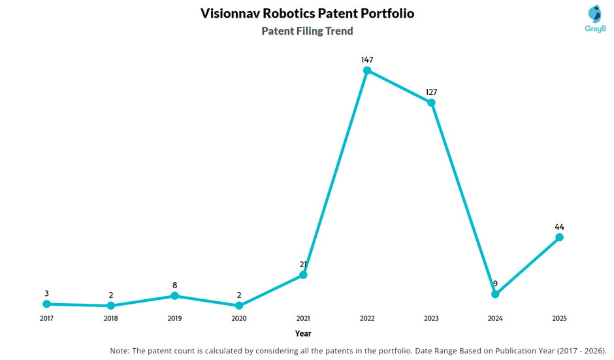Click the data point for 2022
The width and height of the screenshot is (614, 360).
pyautogui.click(x=367, y=70)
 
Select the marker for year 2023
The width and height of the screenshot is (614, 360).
pyautogui.click(x=431, y=103)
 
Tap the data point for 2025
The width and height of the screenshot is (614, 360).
pyautogui.click(x=559, y=237)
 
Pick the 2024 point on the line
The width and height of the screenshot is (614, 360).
pyautogui.click(x=495, y=294)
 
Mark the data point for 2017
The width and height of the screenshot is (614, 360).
pyautogui.click(x=46, y=304)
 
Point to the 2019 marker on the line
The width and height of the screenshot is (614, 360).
pyautogui.click(x=174, y=296)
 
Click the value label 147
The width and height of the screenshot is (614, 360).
pyautogui.click(x=367, y=59)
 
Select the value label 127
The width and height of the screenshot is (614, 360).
pyautogui.click(x=431, y=92)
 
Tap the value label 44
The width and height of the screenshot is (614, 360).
pyautogui.click(x=559, y=227)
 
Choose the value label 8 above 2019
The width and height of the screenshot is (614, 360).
pyautogui.click(x=174, y=286)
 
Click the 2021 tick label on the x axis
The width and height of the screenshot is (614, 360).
pyautogui.click(x=303, y=319)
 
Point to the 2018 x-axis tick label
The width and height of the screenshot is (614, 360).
pyautogui.click(x=110, y=319)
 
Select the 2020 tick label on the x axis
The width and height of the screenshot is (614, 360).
pyautogui.click(x=238, y=319)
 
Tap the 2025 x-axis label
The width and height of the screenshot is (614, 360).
pyautogui.click(x=559, y=319)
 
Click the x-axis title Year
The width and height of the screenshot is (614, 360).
pyautogui.click(x=303, y=333)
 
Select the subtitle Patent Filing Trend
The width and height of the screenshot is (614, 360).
pyautogui.click(x=307, y=31)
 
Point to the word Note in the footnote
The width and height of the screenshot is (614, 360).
pyautogui.click(x=120, y=351)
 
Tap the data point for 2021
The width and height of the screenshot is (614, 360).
pyautogui.click(x=303, y=275)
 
